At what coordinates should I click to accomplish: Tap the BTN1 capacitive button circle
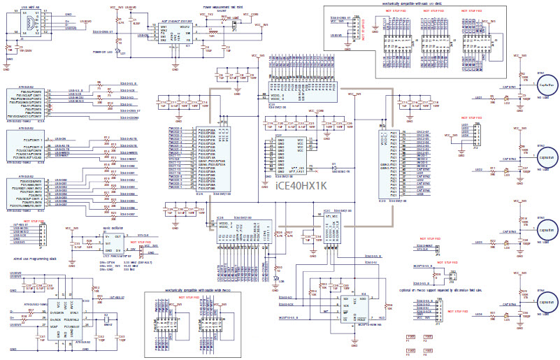tap(545, 85)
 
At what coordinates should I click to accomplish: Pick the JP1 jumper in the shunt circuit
tap(234, 26)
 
